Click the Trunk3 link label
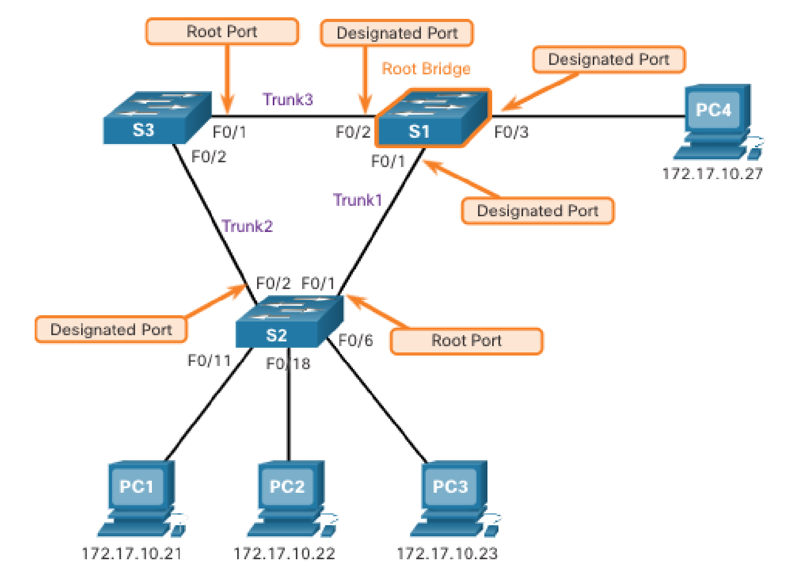(288, 99)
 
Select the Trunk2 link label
(247, 226)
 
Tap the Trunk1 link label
(358, 200)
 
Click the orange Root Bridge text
(426, 69)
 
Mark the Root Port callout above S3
(222, 32)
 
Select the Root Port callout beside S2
(467, 341)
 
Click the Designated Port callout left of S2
(111, 329)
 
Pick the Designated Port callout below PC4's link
(538, 211)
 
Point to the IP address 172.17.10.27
(712, 174)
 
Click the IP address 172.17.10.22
(284, 553)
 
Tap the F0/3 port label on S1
(511, 132)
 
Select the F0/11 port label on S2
(209, 360)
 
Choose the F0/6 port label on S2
(356, 340)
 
